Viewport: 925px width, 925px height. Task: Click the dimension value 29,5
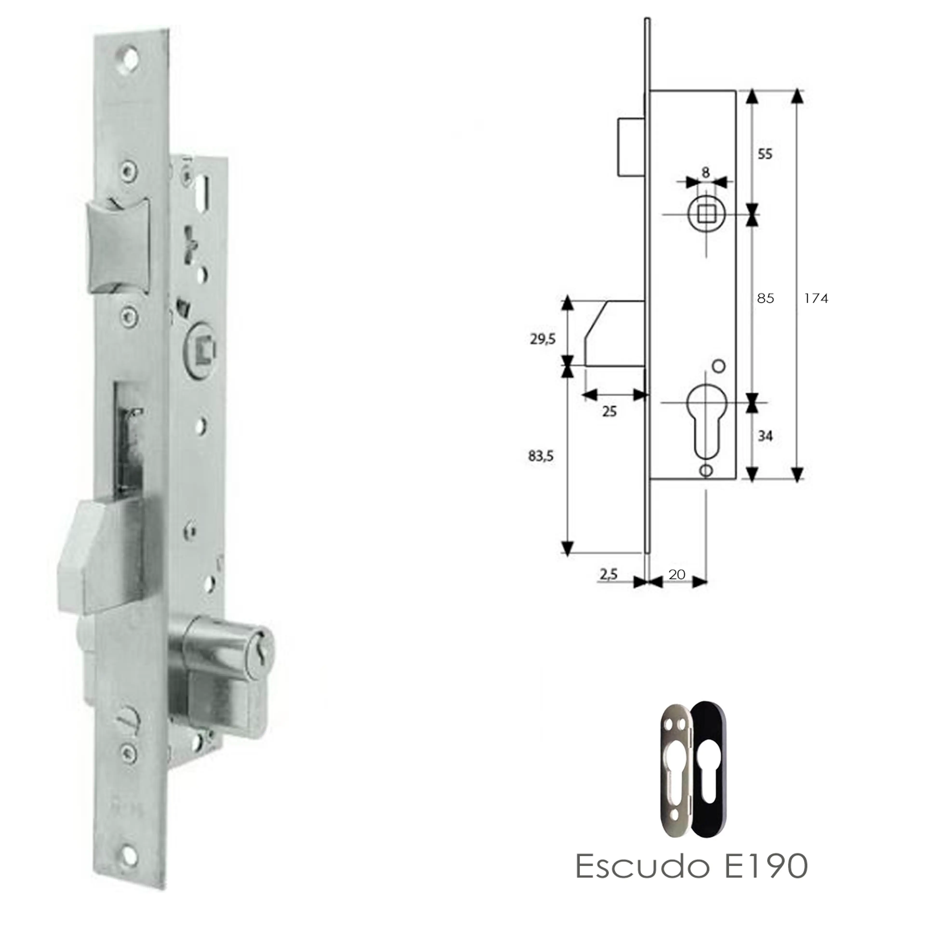point(542,339)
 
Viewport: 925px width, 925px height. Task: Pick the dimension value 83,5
point(541,456)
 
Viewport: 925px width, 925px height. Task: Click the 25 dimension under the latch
point(609,411)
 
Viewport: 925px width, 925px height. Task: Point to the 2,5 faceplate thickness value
point(608,574)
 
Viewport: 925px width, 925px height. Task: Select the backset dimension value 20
point(676,574)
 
